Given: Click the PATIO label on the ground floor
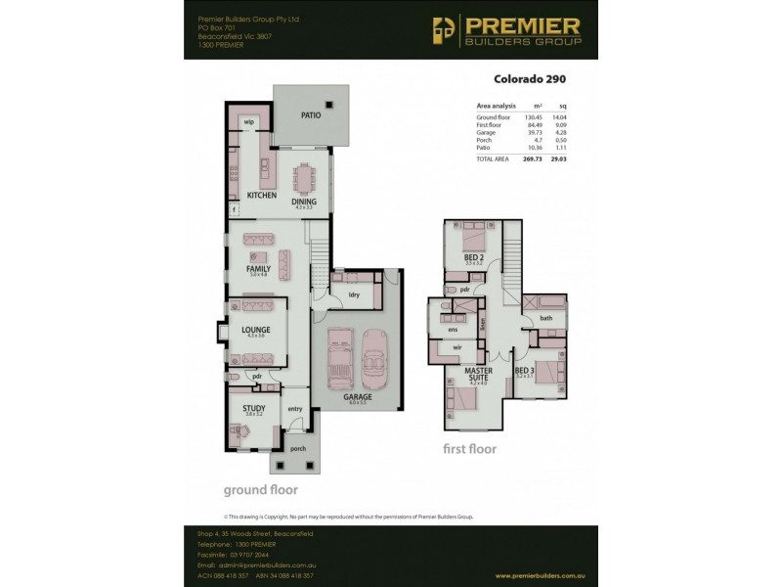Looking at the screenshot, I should coord(310,114).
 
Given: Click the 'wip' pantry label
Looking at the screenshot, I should coord(249,122).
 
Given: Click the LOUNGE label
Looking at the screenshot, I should coord(255,330).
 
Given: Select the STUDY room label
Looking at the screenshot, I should coord(254,409).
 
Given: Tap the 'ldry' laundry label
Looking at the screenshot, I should coord(354,293).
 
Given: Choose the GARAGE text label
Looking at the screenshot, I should coord(357,398).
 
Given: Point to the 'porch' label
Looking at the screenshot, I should coord(297,449).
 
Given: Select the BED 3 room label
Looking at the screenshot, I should coord(524,372).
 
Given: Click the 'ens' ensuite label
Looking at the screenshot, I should coord(453,330).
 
